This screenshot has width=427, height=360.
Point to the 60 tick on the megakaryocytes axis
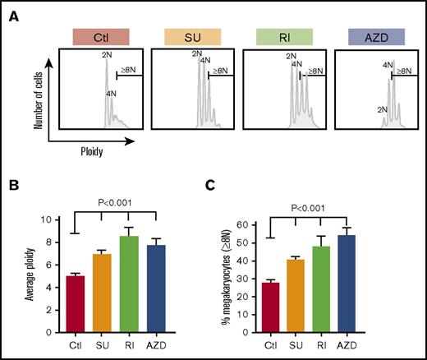click(263, 224)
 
